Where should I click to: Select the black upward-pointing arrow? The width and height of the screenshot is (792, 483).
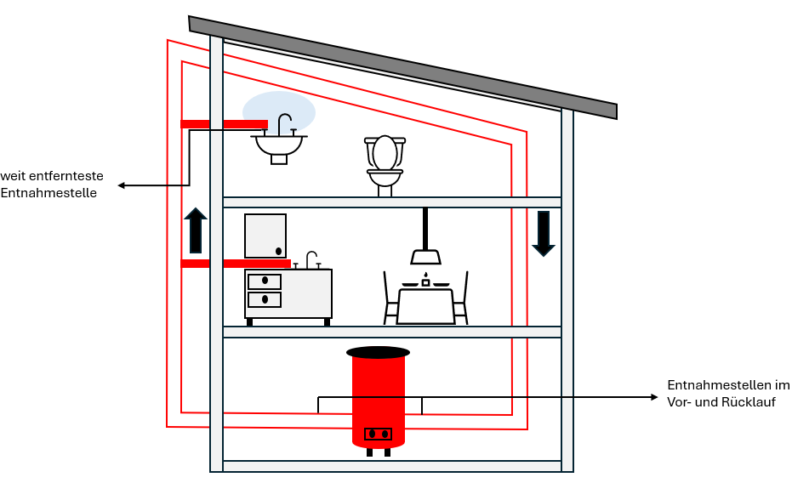coord(196,230)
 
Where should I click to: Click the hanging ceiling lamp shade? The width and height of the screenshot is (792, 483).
coord(424,257)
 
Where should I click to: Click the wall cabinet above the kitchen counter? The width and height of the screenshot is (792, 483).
coord(265,236)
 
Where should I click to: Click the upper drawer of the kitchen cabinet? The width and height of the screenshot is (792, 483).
coord(264,281)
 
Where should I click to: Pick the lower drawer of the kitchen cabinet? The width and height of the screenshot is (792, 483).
coord(264,299)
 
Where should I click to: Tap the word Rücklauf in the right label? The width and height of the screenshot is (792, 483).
coord(747,402)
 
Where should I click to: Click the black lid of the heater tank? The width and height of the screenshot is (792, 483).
coord(378,352)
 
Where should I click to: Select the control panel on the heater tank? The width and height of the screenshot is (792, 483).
coord(378,435)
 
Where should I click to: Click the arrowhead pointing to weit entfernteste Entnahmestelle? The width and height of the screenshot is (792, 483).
coord(122,185)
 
